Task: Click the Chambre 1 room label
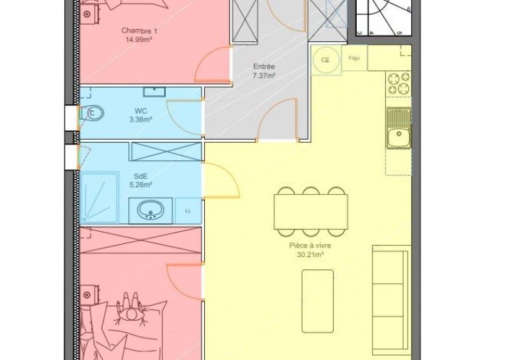tap(139, 31)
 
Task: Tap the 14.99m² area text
tap(139, 40)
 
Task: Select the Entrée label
tap(264, 67)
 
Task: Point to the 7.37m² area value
tap(264, 75)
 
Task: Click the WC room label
tap(140, 111)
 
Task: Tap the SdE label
tap(141, 177)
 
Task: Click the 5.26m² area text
tap(141, 185)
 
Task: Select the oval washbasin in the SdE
tap(151, 209)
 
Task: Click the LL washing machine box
tap(188, 211)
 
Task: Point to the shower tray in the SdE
tap(99, 197)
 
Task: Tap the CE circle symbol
tap(325, 60)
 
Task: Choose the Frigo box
tap(354, 58)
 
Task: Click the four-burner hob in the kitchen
tap(398, 83)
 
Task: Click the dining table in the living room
tap(311, 212)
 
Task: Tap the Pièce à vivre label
tap(311, 246)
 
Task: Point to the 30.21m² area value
tap(311, 255)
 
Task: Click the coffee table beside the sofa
tap(318, 301)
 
